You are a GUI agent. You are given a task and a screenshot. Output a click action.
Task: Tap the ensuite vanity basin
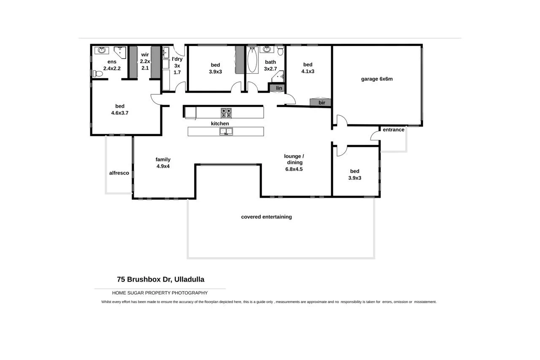[x=101, y=51]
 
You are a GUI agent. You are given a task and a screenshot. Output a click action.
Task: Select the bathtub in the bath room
[x=252, y=60]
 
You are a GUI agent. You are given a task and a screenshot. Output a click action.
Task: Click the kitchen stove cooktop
[x=226, y=113]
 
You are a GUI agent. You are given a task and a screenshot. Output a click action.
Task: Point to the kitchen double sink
[x=226, y=132]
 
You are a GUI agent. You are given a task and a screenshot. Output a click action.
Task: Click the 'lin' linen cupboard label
[x=279, y=88]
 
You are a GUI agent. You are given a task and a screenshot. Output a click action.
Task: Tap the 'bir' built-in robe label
[x=321, y=102]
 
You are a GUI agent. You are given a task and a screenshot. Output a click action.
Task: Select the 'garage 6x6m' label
[x=377, y=79]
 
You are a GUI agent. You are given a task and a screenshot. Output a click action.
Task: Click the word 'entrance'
[x=393, y=130]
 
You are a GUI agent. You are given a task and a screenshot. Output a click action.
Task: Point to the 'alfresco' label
[x=119, y=173]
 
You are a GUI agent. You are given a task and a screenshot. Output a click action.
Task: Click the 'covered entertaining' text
[x=266, y=217]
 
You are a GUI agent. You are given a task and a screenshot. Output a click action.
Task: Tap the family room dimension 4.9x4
[x=163, y=166]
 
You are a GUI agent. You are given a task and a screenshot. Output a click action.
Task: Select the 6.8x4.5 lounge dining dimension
[x=294, y=169]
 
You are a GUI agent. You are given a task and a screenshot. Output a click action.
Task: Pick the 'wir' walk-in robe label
[x=145, y=55]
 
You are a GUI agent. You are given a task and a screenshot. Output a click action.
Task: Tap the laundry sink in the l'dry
[x=166, y=53]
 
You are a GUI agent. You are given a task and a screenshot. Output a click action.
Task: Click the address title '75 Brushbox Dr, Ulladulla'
[x=160, y=279]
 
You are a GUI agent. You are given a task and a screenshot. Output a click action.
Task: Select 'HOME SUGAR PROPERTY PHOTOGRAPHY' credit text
[x=159, y=293]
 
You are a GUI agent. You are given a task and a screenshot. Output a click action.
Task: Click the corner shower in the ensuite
[x=120, y=52]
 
